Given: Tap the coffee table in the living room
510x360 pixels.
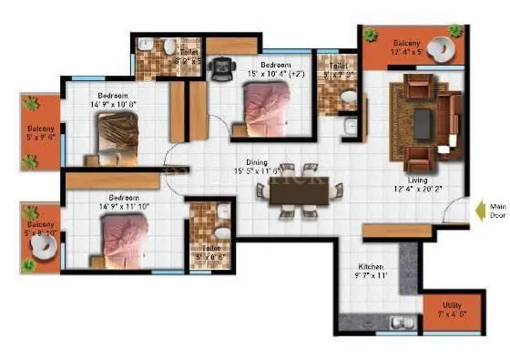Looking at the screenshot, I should coord(423,116).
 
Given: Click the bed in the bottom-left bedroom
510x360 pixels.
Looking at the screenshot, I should coord(126,240).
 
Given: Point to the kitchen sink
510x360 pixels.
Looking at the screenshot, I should coord(398,322).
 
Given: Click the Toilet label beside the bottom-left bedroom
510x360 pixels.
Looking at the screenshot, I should coord(209,247).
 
